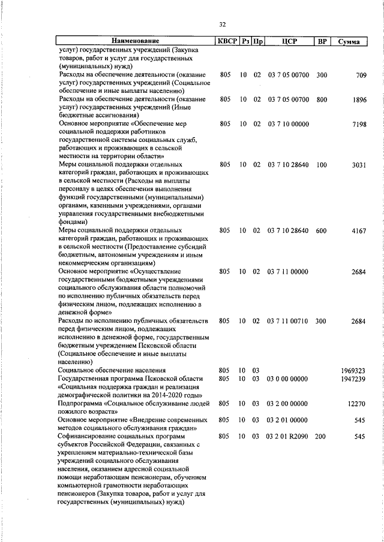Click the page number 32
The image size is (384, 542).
(222, 25)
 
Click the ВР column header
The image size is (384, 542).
(322, 42)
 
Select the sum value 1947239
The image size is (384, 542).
(353, 379)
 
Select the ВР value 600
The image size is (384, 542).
(322, 231)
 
